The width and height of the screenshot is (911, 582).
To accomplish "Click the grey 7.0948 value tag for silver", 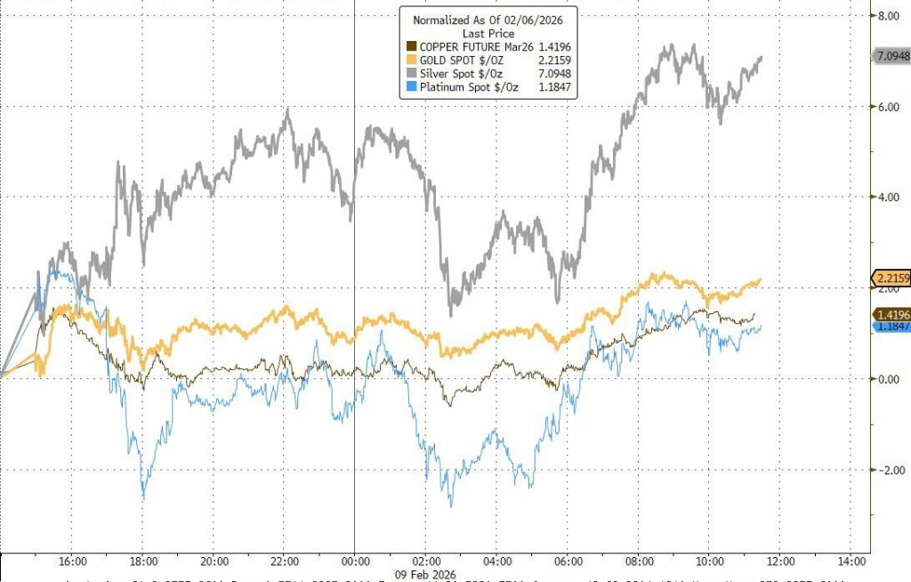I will pos(890,57).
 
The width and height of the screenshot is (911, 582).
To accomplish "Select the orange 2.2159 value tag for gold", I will pos(890,279).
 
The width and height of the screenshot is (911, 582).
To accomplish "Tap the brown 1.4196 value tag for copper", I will pos(890,315).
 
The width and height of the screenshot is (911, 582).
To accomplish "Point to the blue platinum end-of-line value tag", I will pos(890,327).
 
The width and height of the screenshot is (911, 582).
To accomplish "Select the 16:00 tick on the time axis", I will pos(72,561).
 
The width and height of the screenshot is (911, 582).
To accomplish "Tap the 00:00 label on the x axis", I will pos(355,561).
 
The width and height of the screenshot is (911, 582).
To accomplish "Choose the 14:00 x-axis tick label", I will pos(851,561).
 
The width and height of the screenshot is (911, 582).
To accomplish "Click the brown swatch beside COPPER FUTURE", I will pos(411,46).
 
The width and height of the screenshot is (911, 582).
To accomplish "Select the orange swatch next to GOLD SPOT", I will pos(411,61).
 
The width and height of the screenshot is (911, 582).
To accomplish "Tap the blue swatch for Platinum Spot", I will pos(411,87).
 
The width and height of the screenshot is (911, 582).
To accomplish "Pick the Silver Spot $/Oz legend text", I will pos(456,74).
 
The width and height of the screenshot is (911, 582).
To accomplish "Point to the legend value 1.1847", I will pos(552,87).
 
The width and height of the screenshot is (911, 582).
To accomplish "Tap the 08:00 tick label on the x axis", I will pos(638,561).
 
